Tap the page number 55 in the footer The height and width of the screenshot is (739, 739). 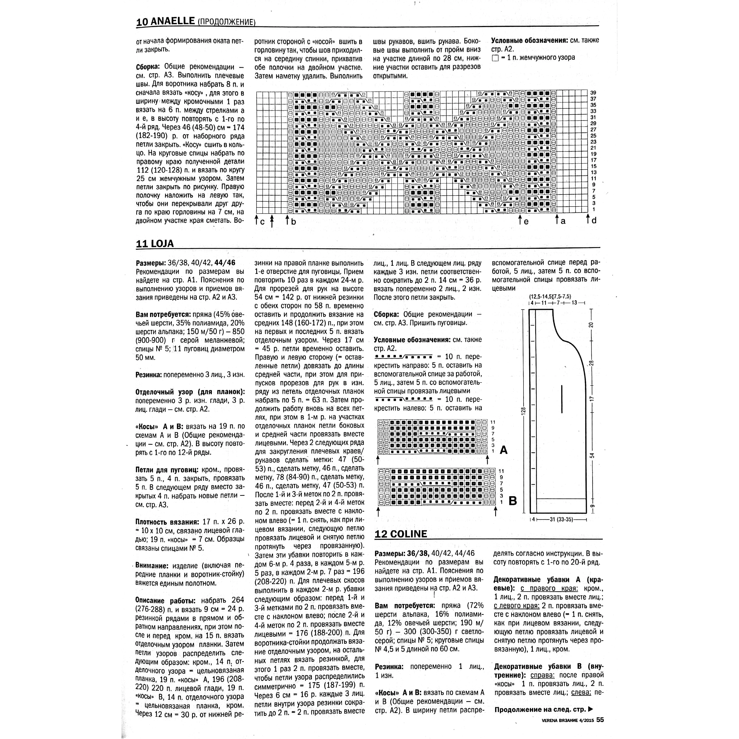600,720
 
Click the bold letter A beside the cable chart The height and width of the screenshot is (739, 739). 503,450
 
